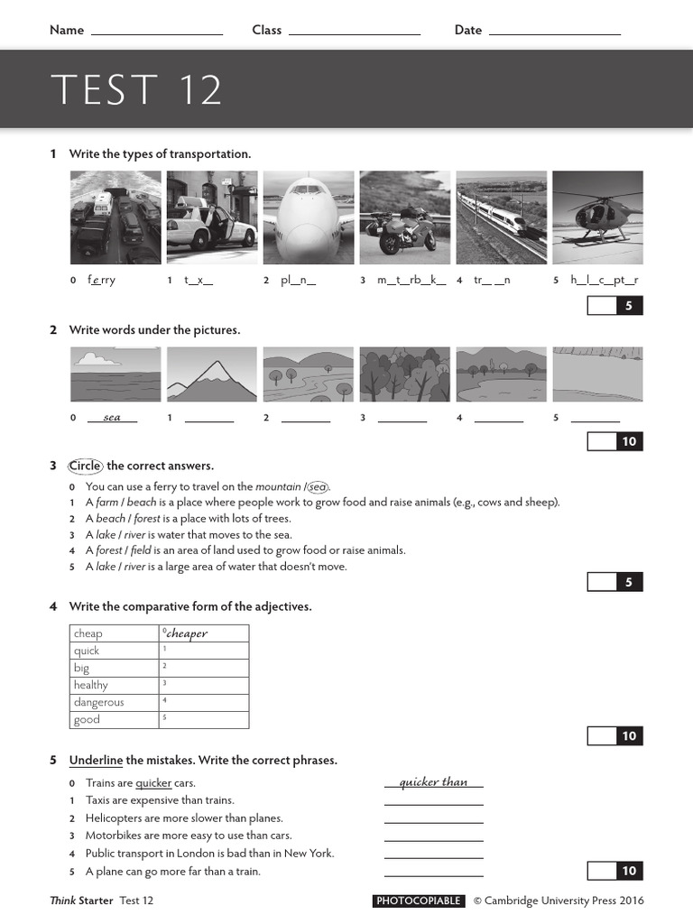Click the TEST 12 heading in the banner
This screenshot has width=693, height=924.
click(136, 90)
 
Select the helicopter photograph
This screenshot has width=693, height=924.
click(597, 217)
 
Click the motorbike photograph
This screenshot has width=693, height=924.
click(404, 217)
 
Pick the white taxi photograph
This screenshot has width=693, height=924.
click(212, 217)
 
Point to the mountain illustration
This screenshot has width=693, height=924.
click(212, 374)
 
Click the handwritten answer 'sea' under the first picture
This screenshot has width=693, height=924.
click(112, 417)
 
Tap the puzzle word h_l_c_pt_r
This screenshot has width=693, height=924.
click(605, 280)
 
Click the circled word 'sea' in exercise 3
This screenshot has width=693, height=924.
click(317, 486)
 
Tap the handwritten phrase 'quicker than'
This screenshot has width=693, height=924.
click(433, 781)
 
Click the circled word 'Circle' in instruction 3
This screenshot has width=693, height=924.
click(87, 466)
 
